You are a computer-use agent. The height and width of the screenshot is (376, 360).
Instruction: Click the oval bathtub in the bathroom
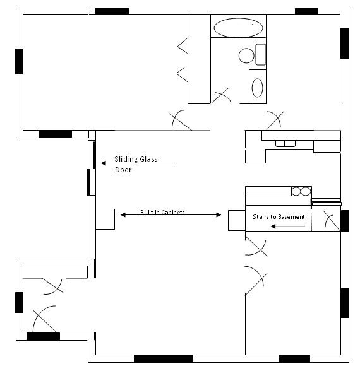(x=238, y=28)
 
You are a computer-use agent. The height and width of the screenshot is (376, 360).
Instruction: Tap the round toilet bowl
(x=246, y=56)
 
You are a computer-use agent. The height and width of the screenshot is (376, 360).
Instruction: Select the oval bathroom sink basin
(x=258, y=88)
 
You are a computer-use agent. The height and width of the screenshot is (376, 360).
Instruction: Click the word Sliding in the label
(x=124, y=159)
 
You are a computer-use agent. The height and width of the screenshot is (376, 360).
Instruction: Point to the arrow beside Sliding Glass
(x=136, y=163)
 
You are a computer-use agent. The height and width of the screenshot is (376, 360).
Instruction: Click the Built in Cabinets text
(x=162, y=213)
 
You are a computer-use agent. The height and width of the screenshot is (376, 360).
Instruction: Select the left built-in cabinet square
(x=105, y=219)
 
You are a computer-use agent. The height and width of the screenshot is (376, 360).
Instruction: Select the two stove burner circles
(x=301, y=191)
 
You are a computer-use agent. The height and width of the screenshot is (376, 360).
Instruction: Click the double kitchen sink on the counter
(x=285, y=143)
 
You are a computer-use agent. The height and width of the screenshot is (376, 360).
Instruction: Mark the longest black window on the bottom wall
(x=163, y=358)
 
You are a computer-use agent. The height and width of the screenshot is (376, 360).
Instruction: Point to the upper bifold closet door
(x=183, y=45)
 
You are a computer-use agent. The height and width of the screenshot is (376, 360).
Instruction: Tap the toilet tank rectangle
(x=261, y=54)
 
